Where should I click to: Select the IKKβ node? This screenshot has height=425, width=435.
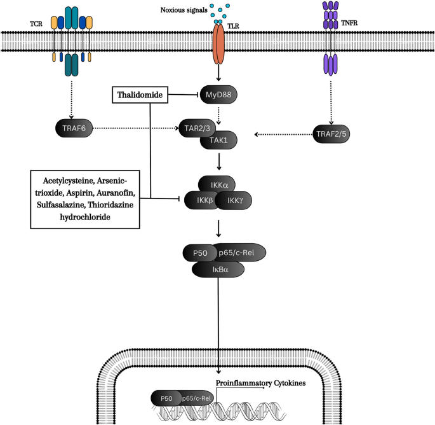201,200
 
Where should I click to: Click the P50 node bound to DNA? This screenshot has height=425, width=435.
166,398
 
